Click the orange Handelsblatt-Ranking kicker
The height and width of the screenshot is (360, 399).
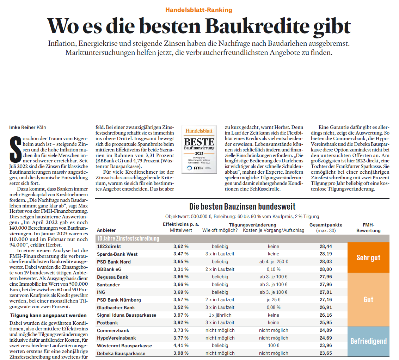pos(199,10)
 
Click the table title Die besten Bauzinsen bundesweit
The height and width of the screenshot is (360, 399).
pos(242,206)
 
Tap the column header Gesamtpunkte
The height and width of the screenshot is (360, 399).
pos(326,225)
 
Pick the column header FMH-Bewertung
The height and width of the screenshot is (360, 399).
pos(368,228)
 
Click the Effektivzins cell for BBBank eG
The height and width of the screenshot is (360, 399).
pos(181,269)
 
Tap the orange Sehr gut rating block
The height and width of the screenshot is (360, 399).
pos(368,257)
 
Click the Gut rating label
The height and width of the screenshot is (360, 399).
pos(368,300)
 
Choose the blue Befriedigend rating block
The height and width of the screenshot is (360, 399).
pos(368,341)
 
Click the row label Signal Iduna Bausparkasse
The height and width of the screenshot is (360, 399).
pos(127,315)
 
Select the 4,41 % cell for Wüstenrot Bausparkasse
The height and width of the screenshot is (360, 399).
pos(181,346)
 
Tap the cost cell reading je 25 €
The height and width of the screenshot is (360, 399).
pos(274,300)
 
